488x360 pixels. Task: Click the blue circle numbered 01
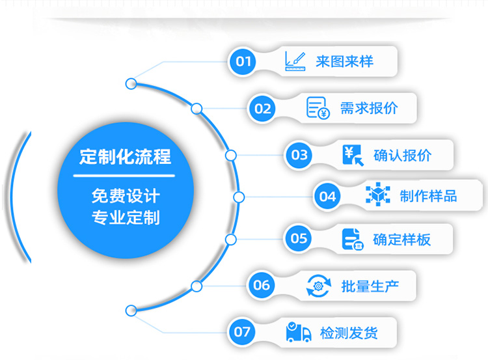coord(243,62)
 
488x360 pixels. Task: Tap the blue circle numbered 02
coord(263,108)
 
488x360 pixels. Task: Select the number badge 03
coord(299,155)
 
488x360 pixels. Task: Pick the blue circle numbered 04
coord(328,196)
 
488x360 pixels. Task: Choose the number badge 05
coord(299,238)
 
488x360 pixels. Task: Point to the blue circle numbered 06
coord(262,284)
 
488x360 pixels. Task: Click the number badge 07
coord(242,332)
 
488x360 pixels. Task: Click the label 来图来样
coord(344,62)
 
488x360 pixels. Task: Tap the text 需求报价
coord(369,108)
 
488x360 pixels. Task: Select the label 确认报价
coord(402,155)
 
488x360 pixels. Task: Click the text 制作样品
coord(428,196)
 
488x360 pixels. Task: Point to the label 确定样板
coord(401,239)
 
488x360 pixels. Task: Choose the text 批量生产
coord(369,285)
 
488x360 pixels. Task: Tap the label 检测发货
coord(349,333)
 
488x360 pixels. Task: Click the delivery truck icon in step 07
coord(297,332)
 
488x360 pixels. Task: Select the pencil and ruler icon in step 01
coord(295,61)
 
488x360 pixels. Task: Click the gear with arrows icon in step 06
coord(319,285)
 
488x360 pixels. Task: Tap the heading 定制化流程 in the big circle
coord(126,157)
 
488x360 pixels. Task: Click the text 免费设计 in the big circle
coord(126,195)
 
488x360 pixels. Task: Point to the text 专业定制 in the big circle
coord(126,217)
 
